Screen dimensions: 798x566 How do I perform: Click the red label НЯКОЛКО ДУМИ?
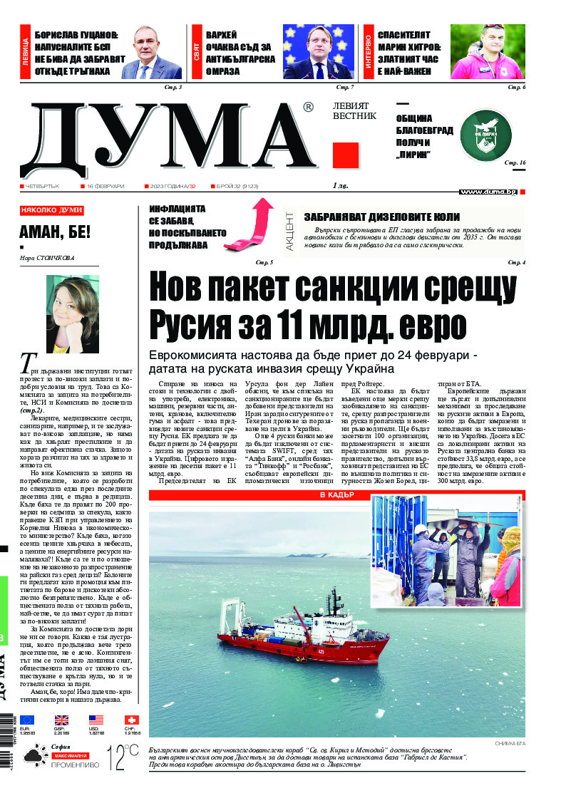click(x=52, y=211)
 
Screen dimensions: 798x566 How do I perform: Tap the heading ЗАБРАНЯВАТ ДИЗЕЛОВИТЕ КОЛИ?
click(x=381, y=217)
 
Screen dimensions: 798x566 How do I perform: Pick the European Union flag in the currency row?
click(x=27, y=720)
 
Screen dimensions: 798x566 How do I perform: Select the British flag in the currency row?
click(x=62, y=720)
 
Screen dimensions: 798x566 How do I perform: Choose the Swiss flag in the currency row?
click(x=132, y=720)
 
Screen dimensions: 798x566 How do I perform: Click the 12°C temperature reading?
click(x=122, y=758)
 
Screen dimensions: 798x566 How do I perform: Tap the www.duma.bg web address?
click(x=488, y=192)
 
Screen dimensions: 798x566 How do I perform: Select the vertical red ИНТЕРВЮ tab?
click(x=369, y=53)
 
